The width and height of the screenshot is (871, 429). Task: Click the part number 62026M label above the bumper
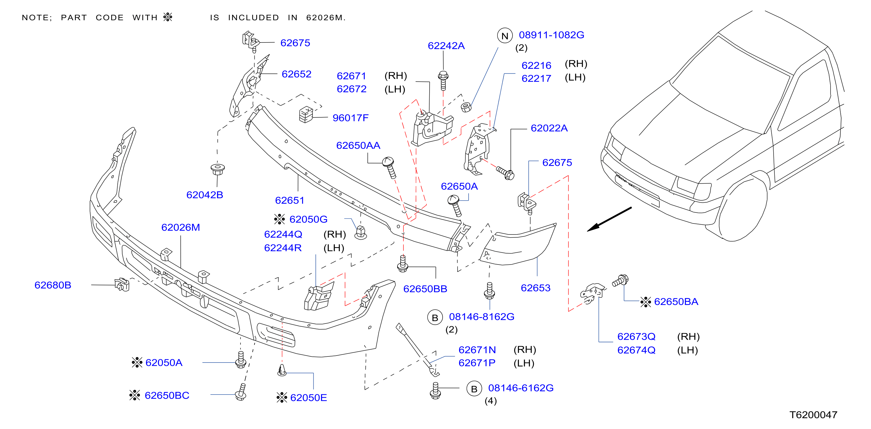tap(181, 227)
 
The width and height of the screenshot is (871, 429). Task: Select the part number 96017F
tap(350, 118)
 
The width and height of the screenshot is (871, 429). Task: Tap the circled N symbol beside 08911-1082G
tap(505, 36)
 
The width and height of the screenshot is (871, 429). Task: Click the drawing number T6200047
tap(813, 415)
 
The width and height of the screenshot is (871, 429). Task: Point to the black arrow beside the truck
tap(609, 219)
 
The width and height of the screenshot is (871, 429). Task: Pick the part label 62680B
tap(53, 285)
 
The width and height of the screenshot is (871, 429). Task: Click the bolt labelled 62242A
tap(443, 80)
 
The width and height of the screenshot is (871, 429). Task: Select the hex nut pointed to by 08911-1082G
tap(466, 107)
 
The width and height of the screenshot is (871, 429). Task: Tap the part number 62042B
tap(205, 195)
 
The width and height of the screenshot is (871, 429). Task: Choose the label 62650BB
tap(425, 289)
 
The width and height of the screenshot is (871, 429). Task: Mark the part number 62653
tap(536, 288)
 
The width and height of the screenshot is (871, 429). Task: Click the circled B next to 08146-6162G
tap(474, 389)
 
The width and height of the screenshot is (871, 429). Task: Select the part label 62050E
tap(308, 397)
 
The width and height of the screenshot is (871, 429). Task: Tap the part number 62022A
tap(549, 128)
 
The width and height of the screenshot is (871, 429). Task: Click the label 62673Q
tap(636, 336)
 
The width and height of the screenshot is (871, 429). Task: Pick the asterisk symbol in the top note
tap(168, 17)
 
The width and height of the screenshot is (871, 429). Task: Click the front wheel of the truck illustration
tap(742, 210)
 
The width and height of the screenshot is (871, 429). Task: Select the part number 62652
tap(296, 74)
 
